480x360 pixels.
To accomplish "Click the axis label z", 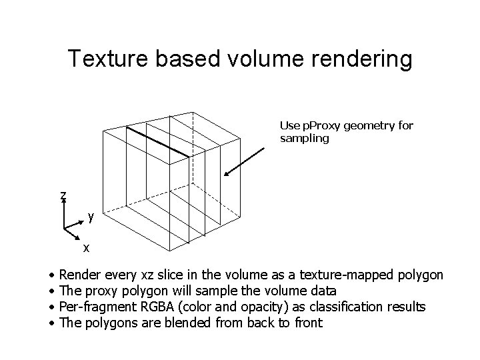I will [63, 195].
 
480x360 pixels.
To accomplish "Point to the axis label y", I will [91, 217].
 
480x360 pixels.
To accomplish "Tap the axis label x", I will [86, 248].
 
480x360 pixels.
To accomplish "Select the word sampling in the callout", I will [305, 139].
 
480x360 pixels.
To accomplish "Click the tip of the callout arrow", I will [225, 177].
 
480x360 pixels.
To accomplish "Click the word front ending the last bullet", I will [307, 323].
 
